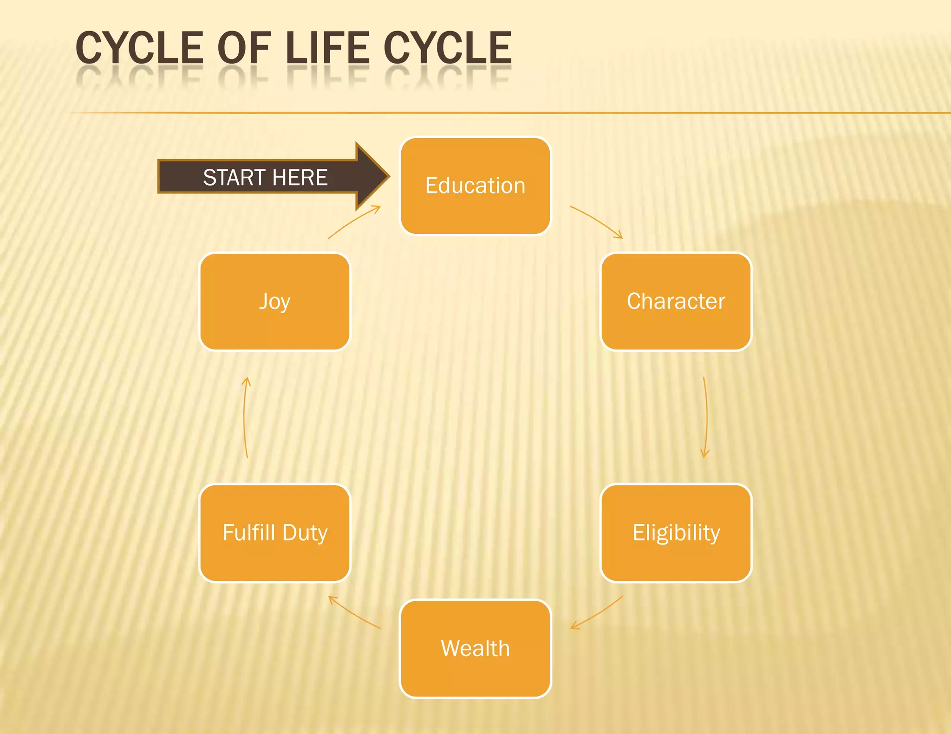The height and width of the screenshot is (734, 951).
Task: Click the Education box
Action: click(475, 186)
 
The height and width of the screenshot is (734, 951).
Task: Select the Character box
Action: click(676, 301)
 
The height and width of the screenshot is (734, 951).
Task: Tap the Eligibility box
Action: click(676, 533)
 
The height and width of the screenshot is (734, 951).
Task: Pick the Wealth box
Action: click(475, 648)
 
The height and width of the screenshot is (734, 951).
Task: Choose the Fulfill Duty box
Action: click(275, 533)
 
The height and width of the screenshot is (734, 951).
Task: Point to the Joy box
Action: click(275, 301)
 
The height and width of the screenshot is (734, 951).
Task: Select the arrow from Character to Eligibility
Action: click(706, 418)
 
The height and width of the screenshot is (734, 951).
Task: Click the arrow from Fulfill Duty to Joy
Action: click(245, 418)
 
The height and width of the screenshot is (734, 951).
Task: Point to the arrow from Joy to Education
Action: click(354, 221)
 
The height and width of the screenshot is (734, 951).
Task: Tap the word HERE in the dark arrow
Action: click(300, 178)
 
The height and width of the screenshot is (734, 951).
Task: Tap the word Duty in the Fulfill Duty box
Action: click(305, 533)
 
